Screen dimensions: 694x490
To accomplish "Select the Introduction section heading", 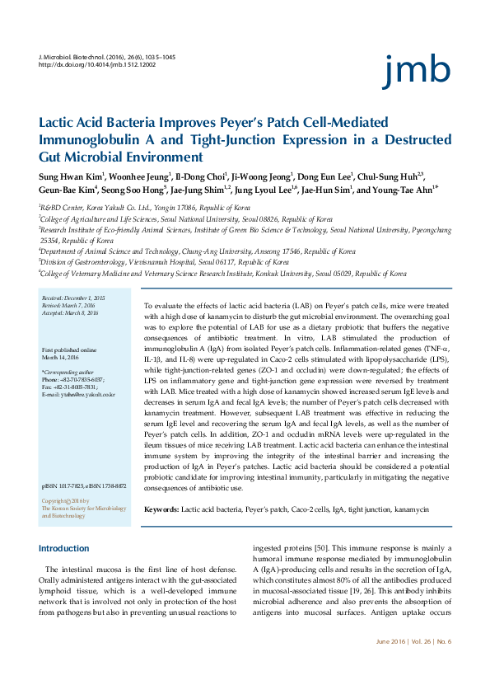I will (x=64, y=548).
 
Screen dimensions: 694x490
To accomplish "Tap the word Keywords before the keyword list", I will (x=161, y=509).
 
